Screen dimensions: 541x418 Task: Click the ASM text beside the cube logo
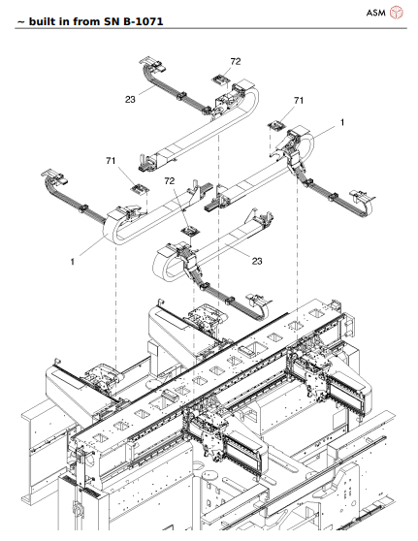pyautogui.click(x=374, y=13)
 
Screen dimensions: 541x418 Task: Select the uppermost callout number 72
pyautogui.click(x=235, y=61)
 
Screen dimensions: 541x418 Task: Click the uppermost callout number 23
pyautogui.click(x=130, y=97)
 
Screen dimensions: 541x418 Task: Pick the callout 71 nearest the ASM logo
pyautogui.click(x=299, y=101)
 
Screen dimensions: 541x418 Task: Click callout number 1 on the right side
pyautogui.click(x=341, y=123)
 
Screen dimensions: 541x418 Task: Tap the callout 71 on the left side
pyautogui.click(x=112, y=160)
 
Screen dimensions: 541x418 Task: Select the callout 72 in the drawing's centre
pyautogui.click(x=169, y=181)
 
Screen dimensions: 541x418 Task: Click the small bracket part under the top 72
pyautogui.click(x=220, y=81)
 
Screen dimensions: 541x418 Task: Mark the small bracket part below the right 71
pyautogui.click(x=276, y=124)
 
